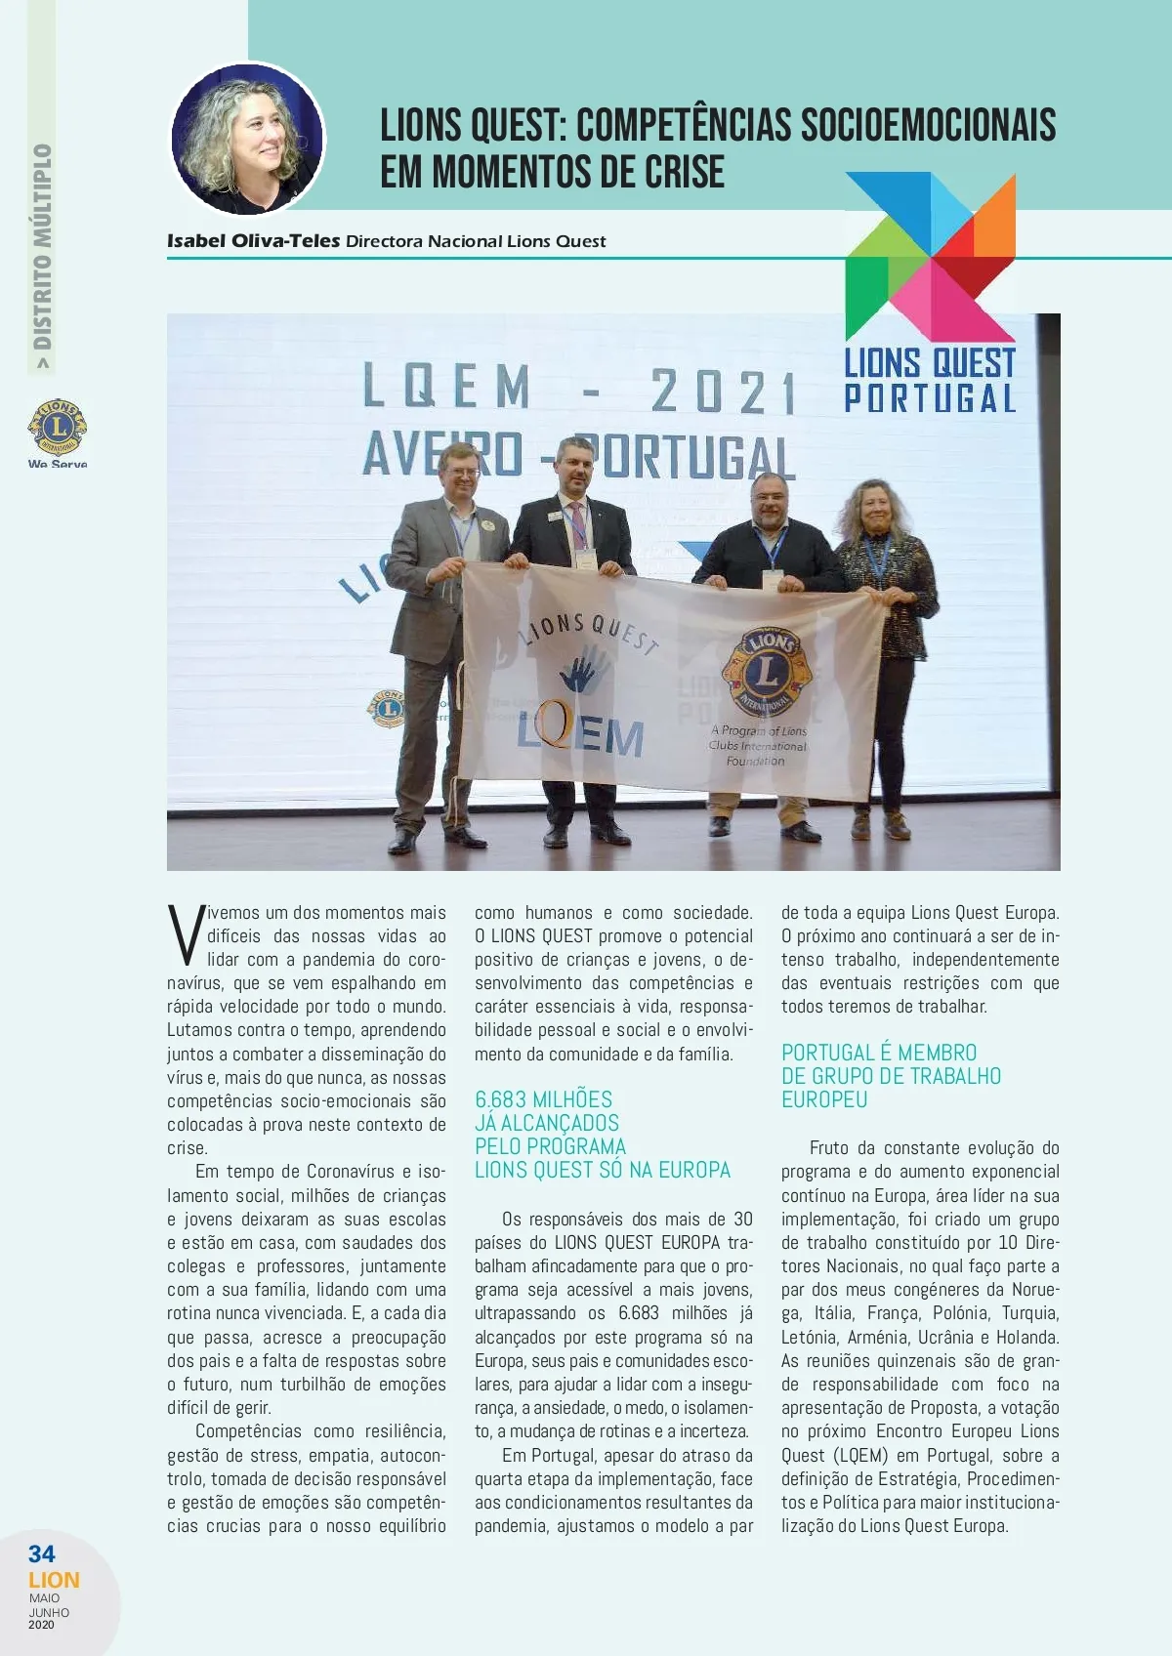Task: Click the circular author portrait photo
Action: point(248,139)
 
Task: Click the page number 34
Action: point(42,1553)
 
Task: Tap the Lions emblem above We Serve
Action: point(58,428)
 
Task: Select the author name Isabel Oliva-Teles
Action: point(254,241)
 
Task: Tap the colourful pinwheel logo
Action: point(929,256)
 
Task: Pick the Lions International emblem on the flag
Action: point(767,673)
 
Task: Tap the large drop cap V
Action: point(185,935)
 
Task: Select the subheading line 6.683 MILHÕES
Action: point(544,1099)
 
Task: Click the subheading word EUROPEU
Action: point(824,1099)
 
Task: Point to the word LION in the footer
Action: point(54,1580)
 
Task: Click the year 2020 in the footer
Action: point(42,1625)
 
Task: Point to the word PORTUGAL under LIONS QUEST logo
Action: point(930,398)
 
